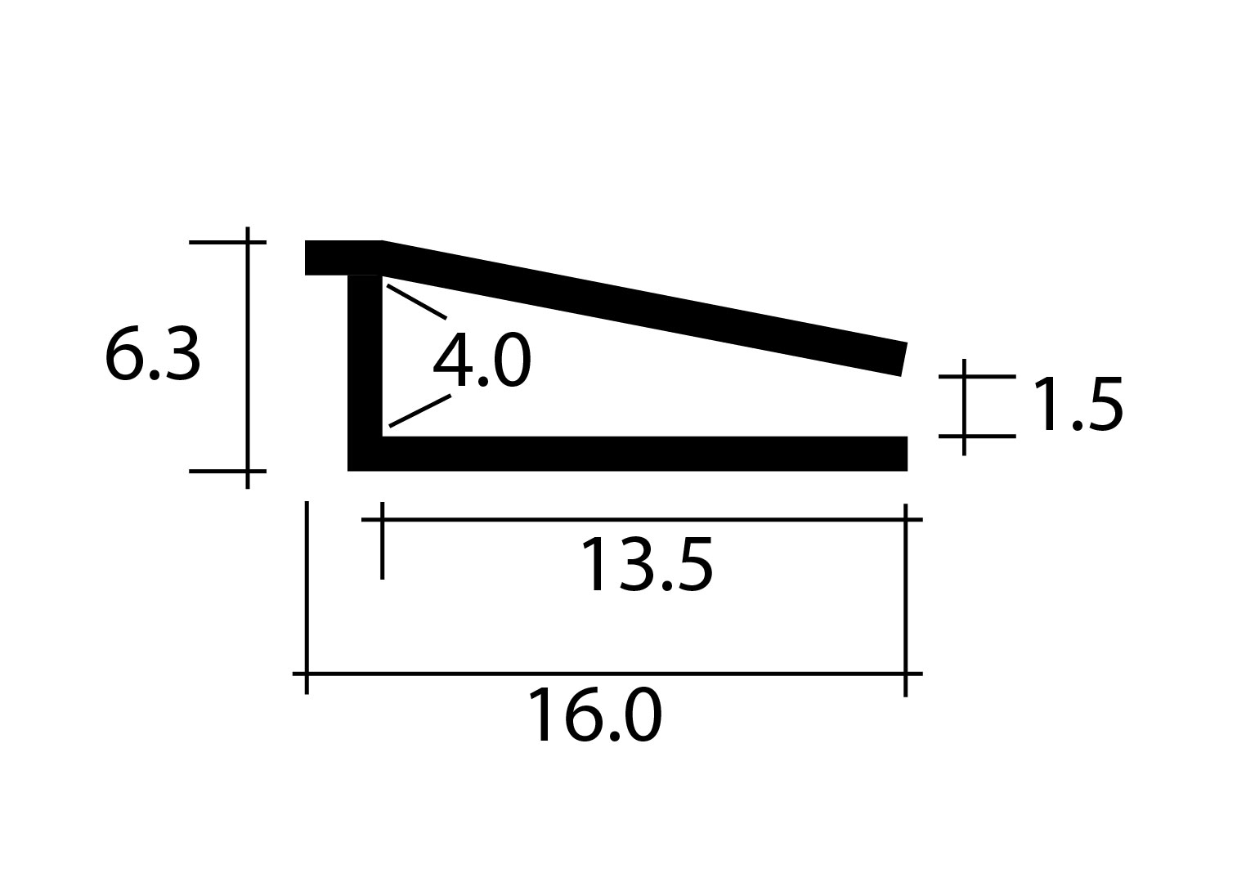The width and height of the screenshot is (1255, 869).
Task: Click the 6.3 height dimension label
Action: point(152,356)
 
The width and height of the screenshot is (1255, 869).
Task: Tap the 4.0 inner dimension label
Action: point(482,359)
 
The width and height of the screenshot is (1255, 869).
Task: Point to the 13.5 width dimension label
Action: point(647,564)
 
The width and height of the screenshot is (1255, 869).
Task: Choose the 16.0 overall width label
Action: point(594,715)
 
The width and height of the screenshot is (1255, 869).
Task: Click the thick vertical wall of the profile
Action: point(365,373)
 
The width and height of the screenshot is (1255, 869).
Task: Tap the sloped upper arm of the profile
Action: point(644,308)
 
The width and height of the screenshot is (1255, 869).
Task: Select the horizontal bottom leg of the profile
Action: point(644,453)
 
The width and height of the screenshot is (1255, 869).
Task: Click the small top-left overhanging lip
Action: point(343,258)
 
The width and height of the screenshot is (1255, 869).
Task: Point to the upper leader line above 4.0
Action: point(417,302)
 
